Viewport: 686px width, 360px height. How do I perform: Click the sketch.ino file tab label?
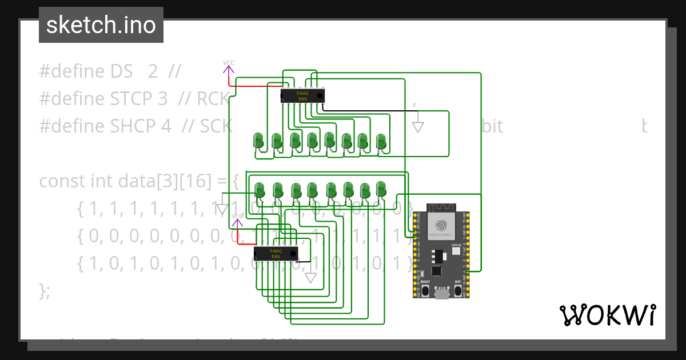tap(101, 25)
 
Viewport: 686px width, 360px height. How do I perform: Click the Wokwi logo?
tap(607, 315)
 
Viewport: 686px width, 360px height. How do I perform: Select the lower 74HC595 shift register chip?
tap(276, 253)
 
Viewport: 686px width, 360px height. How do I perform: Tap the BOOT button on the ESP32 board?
tap(425, 290)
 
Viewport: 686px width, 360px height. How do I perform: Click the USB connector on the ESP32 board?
tap(441, 294)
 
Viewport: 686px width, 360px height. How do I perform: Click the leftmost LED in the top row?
tap(258, 140)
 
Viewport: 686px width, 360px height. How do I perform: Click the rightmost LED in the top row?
tap(381, 140)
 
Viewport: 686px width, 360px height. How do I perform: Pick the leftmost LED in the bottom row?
tap(259, 190)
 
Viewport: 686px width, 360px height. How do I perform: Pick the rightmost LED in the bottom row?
tap(381, 188)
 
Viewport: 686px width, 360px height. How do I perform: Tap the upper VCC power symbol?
tap(229, 69)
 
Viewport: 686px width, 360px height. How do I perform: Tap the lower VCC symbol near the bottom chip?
tap(237, 222)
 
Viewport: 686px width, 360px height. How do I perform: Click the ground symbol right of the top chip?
tap(418, 127)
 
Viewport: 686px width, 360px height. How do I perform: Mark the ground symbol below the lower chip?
tap(310, 278)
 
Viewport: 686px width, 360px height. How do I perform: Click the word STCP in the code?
tap(138, 99)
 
